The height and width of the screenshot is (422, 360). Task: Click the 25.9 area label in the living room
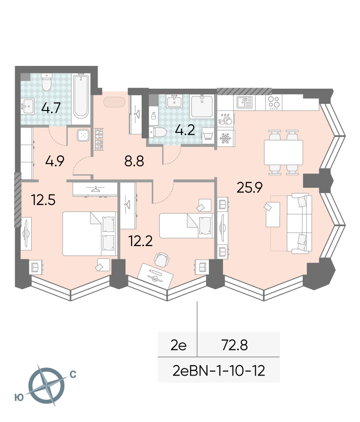(x=249, y=187)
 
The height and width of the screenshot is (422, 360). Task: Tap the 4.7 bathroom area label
(x=51, y=109)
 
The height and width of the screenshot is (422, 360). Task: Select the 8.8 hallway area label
(x=134, y=162)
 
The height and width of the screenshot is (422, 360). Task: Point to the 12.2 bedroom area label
(x=141, y=241)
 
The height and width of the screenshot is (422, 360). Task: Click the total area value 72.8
(x=234, y=345)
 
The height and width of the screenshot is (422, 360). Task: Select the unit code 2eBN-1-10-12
(x=218, y=371)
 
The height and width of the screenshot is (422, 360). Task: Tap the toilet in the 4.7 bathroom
(x=46, y=83)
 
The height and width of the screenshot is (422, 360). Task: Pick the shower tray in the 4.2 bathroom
(x=202, y=106)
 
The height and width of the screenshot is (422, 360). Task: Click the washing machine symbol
(x=208, y=135)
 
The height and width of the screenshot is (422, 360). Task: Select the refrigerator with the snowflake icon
(x=226, y=138)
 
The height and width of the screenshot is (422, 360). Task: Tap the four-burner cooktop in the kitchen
(x=274, y=102)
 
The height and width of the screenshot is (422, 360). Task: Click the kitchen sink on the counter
(x=244, y=102)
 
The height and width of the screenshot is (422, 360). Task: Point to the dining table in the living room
(x=284, y=152)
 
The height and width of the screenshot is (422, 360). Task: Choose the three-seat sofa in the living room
(x=299, y=223)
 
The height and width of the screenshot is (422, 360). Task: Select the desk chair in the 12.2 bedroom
(x=162, y=259)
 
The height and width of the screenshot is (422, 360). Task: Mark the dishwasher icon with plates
(x=225, y=119)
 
